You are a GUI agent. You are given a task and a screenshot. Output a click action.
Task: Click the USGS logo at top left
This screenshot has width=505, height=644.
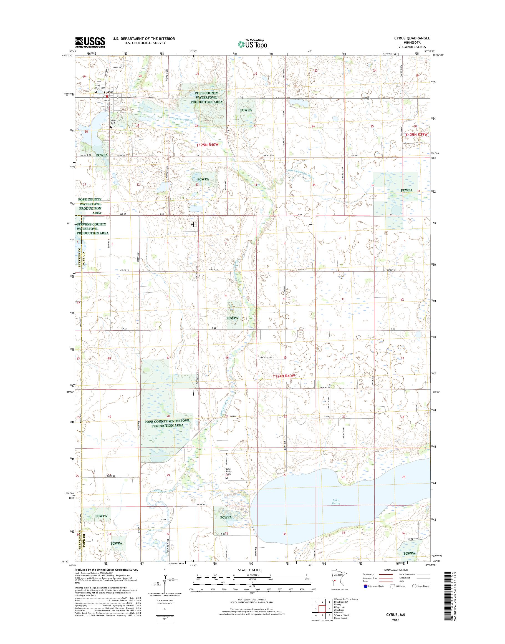click(x=90, y=42)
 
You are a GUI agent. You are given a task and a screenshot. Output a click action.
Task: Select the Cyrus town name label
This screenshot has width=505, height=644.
click(x=108, y=92)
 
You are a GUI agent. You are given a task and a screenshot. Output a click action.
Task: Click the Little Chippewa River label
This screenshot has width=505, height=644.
click(x=299, y=174)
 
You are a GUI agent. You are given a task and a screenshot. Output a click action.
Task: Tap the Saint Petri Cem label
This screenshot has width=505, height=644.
click(x=100, y=87)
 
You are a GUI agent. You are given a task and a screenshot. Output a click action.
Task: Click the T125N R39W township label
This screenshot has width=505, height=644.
click(x=416, y=134)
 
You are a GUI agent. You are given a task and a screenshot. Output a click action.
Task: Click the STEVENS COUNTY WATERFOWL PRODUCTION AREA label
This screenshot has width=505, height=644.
click(x=93, y=229)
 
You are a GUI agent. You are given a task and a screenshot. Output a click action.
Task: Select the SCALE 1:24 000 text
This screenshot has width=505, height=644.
click(x=249, y=578)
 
